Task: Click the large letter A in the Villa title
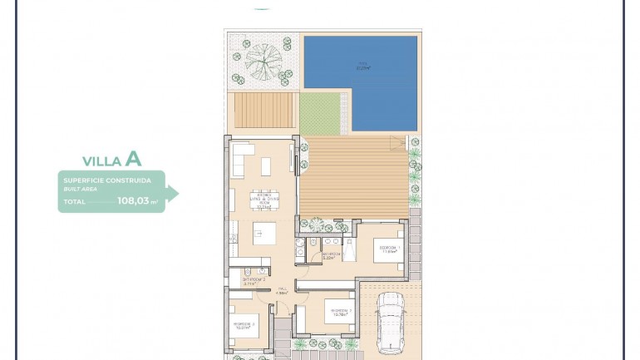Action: [133, 160]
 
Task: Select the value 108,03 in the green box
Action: [133, 200]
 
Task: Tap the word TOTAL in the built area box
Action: [74, 201]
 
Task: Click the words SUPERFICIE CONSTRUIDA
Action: [106, 180]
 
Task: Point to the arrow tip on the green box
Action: [176, 193]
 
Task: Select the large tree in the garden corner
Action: [263, 59]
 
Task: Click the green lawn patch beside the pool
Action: [321, 113]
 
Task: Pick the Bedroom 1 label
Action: [389, 249]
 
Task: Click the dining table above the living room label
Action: [266, 166]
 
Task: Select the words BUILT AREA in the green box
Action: [80, 189]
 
